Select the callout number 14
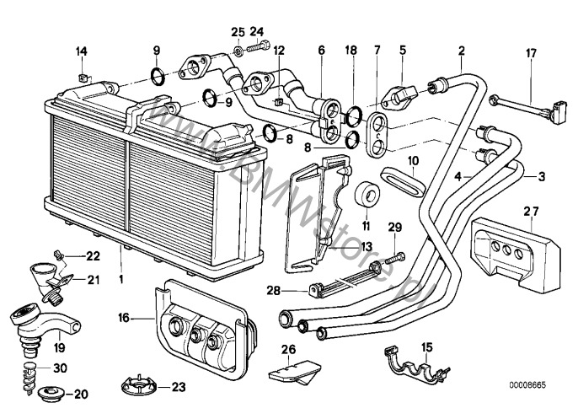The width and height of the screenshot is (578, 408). coord(82,53)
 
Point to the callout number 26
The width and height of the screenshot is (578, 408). coord(288,350)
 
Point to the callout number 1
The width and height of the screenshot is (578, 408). coord(123,278)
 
